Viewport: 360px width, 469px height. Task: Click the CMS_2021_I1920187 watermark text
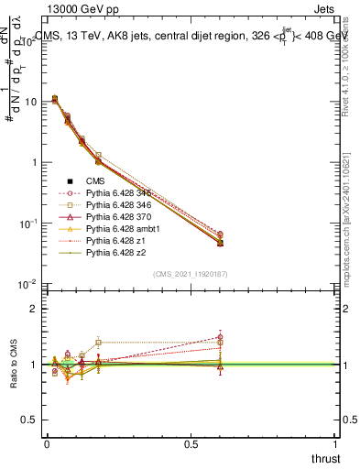[191, 274]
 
